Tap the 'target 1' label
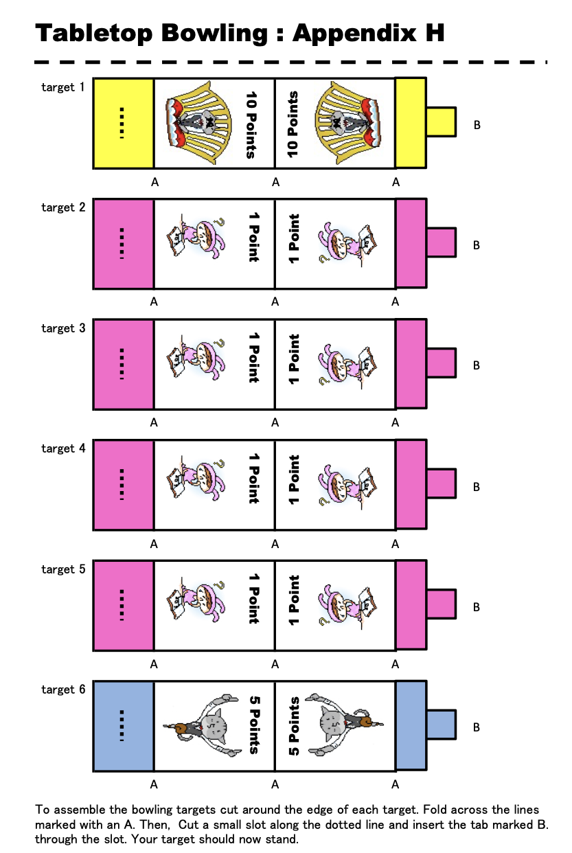coord(63,87)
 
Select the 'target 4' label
coord(63,448)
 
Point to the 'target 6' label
coord(63,690)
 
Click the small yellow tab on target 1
coord(441,122)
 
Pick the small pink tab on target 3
coord(441,363)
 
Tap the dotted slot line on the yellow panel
coord(122,123)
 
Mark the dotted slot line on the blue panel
coord(122,725)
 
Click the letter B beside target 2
coord(476,245)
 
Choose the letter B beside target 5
coord(476,607)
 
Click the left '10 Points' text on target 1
coord(251,124)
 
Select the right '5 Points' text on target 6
coord(294,726)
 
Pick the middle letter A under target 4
coord(275,544)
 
